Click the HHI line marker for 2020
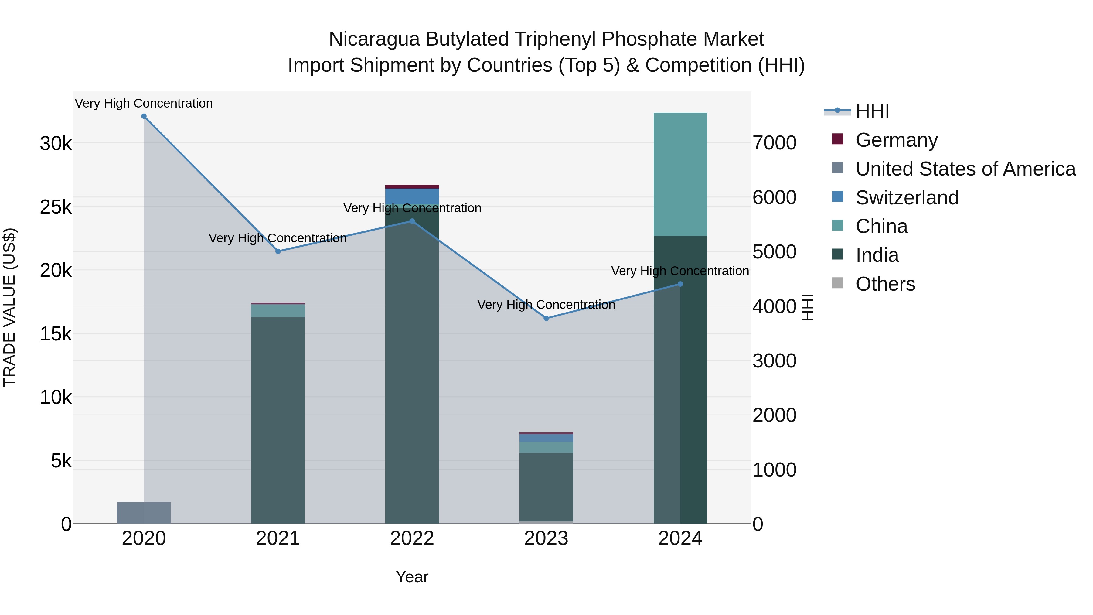coord(144,116)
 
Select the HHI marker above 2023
coord(546,318)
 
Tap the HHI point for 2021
coord(278,251)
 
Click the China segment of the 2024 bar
coord(680,174)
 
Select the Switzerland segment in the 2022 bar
coord(412,196)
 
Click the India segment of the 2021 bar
coord(278,420)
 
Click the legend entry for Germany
coord(896,140)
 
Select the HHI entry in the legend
coord(872,111)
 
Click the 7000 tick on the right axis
coord(774,143)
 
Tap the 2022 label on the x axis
coord(412,538)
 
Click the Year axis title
coord(412,577)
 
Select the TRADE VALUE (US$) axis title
coord(9,307)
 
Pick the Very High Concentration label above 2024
coord(680,271)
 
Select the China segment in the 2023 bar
coord(546,447)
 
